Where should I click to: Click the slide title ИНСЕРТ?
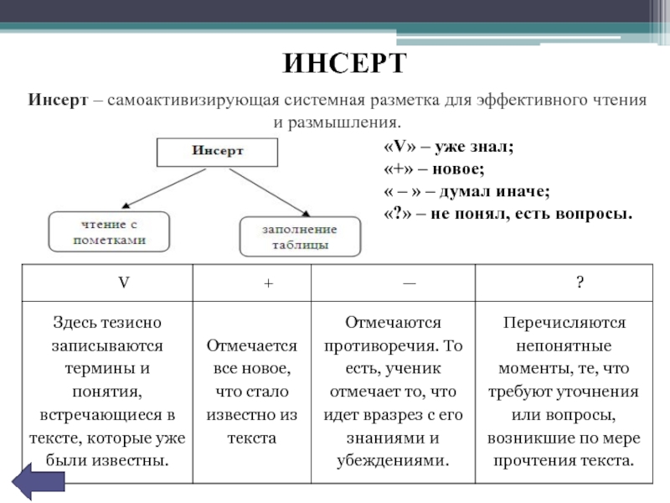click(x=343, y=63)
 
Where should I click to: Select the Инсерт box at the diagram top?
click(x=218, y=152)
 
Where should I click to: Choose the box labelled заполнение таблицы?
click(x=300, y=237)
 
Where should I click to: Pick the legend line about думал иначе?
click(x=466, y=191)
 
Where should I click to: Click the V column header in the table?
click(x=122, y=283)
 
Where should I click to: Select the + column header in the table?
click(x=268, y=283)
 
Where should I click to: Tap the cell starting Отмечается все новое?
click(x=252, y=392)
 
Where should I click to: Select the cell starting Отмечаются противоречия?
click(x=393, y=392)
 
